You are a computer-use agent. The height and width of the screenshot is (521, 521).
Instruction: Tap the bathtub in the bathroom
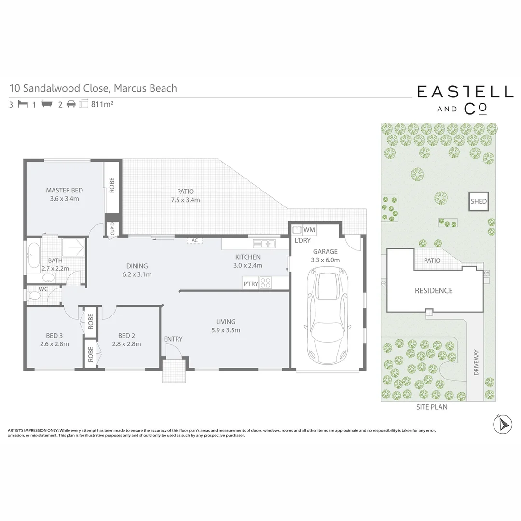(x=33, y=256)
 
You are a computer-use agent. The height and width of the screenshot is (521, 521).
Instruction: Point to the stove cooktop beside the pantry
(x=266, y=283)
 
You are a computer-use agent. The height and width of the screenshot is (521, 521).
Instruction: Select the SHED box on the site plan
(x=479, y=202)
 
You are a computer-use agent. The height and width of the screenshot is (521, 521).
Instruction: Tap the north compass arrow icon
(x=502, y=424)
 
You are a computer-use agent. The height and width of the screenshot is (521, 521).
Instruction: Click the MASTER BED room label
(x=64, y=190)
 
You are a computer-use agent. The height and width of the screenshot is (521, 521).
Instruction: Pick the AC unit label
(x=195, y=240)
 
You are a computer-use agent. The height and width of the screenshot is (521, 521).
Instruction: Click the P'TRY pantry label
(x=250, y=284)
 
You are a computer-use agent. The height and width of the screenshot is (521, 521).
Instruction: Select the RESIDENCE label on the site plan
(x=434, y=290)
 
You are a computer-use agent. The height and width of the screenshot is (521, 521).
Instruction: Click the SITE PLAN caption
(x=432, y=407)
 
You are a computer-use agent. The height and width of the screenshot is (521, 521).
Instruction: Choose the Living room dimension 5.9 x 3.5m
(x=226, y=330)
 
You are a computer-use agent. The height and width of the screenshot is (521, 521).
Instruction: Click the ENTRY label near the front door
(x=173, y=339)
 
